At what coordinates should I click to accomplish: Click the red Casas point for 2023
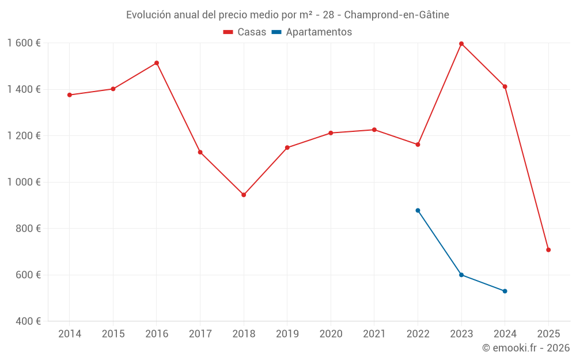tap(461, 44)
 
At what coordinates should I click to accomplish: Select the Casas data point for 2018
tap(244, 195)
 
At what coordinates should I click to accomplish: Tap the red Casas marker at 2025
tap(548, 250)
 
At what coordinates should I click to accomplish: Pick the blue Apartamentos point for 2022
tap(418, 210)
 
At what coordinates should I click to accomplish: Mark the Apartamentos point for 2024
tap(505, 291)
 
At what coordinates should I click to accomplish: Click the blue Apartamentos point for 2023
tap(461, 275)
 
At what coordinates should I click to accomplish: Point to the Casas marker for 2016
tap(157, 63)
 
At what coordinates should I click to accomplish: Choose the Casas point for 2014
tap(70, 95)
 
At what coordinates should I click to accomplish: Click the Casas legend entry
tap(245, 32)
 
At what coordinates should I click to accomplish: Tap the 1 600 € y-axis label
tap(24, 43)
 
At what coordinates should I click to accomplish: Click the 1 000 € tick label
tap(24, 182)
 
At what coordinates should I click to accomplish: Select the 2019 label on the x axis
tap(287, 334)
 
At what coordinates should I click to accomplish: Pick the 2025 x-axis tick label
tap(548, 334)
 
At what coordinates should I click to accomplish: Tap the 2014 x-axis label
tap(70, 334)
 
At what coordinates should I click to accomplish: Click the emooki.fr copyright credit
tap(526, 348)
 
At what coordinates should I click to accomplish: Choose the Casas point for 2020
tap(331, 133)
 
